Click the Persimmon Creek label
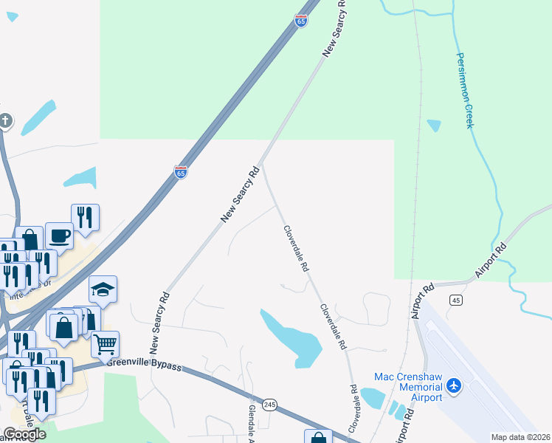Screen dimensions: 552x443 click(x=463, y=90)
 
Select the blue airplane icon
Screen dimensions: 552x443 click(x=453, y=386)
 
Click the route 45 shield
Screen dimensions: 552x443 click(x=455, y=299)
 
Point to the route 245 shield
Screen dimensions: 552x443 click(x=269, y=405)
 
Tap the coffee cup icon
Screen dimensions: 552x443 click(x=59, y=236)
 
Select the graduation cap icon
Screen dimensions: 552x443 click(x=103, y=289)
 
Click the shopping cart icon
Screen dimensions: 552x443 click(x=105, y=343)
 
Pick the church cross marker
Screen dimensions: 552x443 click(x=5, y=120)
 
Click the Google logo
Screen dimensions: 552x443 click(x=24, y=434)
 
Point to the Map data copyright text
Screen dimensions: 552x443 click(x=521, y=437)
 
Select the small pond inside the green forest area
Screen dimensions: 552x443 click(x=434, y=126)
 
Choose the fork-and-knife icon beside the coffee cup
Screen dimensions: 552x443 click(x=85, y=217)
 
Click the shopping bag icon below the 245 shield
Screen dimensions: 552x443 click(x=318, y=438)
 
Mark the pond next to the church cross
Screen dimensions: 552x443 click(x=38, y=117)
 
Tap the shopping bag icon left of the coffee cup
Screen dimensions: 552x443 click(x=29, y=239)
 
